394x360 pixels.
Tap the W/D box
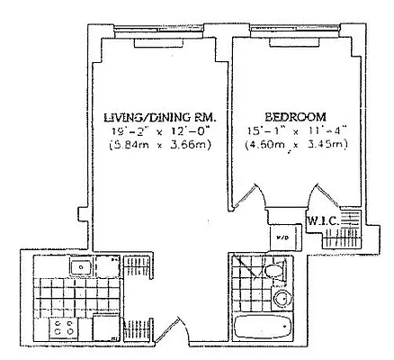coord(282,238)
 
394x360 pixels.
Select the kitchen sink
coord(80,266)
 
